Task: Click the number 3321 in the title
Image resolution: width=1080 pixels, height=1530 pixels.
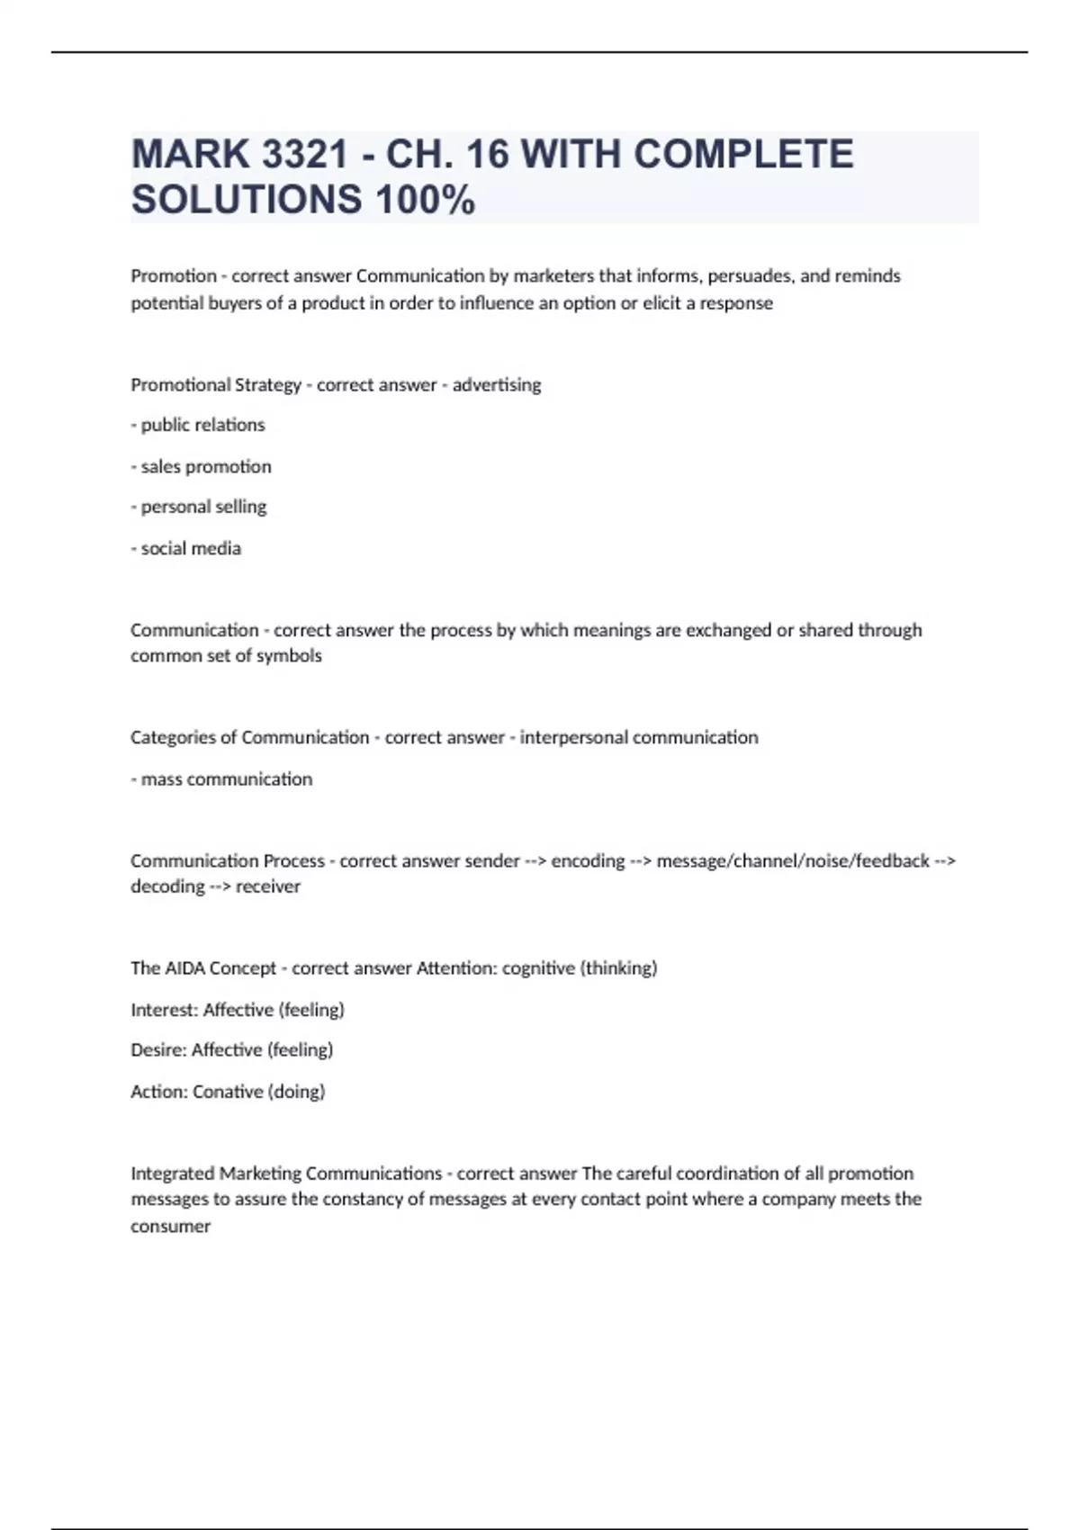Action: [x=305, y=154]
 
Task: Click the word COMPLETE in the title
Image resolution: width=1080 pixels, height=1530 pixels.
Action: [x=743, y=154]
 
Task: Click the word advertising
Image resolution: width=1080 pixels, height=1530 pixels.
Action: [x=497, y=384]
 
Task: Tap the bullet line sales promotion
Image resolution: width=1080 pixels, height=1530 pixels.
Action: [x=202, y=466]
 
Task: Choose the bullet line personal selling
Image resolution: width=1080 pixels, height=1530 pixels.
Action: [x=199, y=507]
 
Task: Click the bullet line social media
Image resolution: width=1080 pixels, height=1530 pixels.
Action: [x=186, y=548]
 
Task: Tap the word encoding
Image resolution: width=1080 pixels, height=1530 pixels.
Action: [x=588, y=860]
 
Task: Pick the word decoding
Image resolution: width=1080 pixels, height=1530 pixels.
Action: [x=167, y=886]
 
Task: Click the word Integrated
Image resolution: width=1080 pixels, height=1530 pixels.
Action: [x=173, y=1174]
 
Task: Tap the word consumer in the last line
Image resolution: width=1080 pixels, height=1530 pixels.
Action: [x=170, y=1226]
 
